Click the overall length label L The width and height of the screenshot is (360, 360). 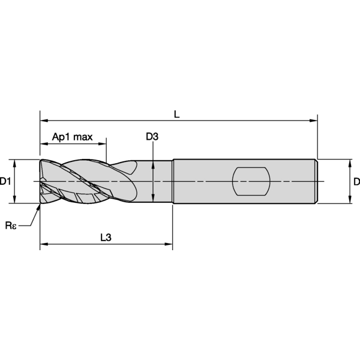click(x=176, y=114)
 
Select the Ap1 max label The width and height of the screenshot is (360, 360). click(x=73, y=137)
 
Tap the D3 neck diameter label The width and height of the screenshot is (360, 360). click(x=152, y=137)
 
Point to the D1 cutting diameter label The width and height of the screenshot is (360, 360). click(x=5, y=181)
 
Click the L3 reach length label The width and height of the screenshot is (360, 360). click(x=106, y=238)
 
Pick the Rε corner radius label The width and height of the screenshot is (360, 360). click(x=11, y=226)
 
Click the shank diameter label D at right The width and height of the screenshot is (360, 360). click(x=357, y=181)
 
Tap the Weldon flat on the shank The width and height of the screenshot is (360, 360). click(x=251, y=181)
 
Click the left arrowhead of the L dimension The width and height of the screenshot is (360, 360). click(x=44, y=121)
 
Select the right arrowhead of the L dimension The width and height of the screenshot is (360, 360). click(x=313, y=121)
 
